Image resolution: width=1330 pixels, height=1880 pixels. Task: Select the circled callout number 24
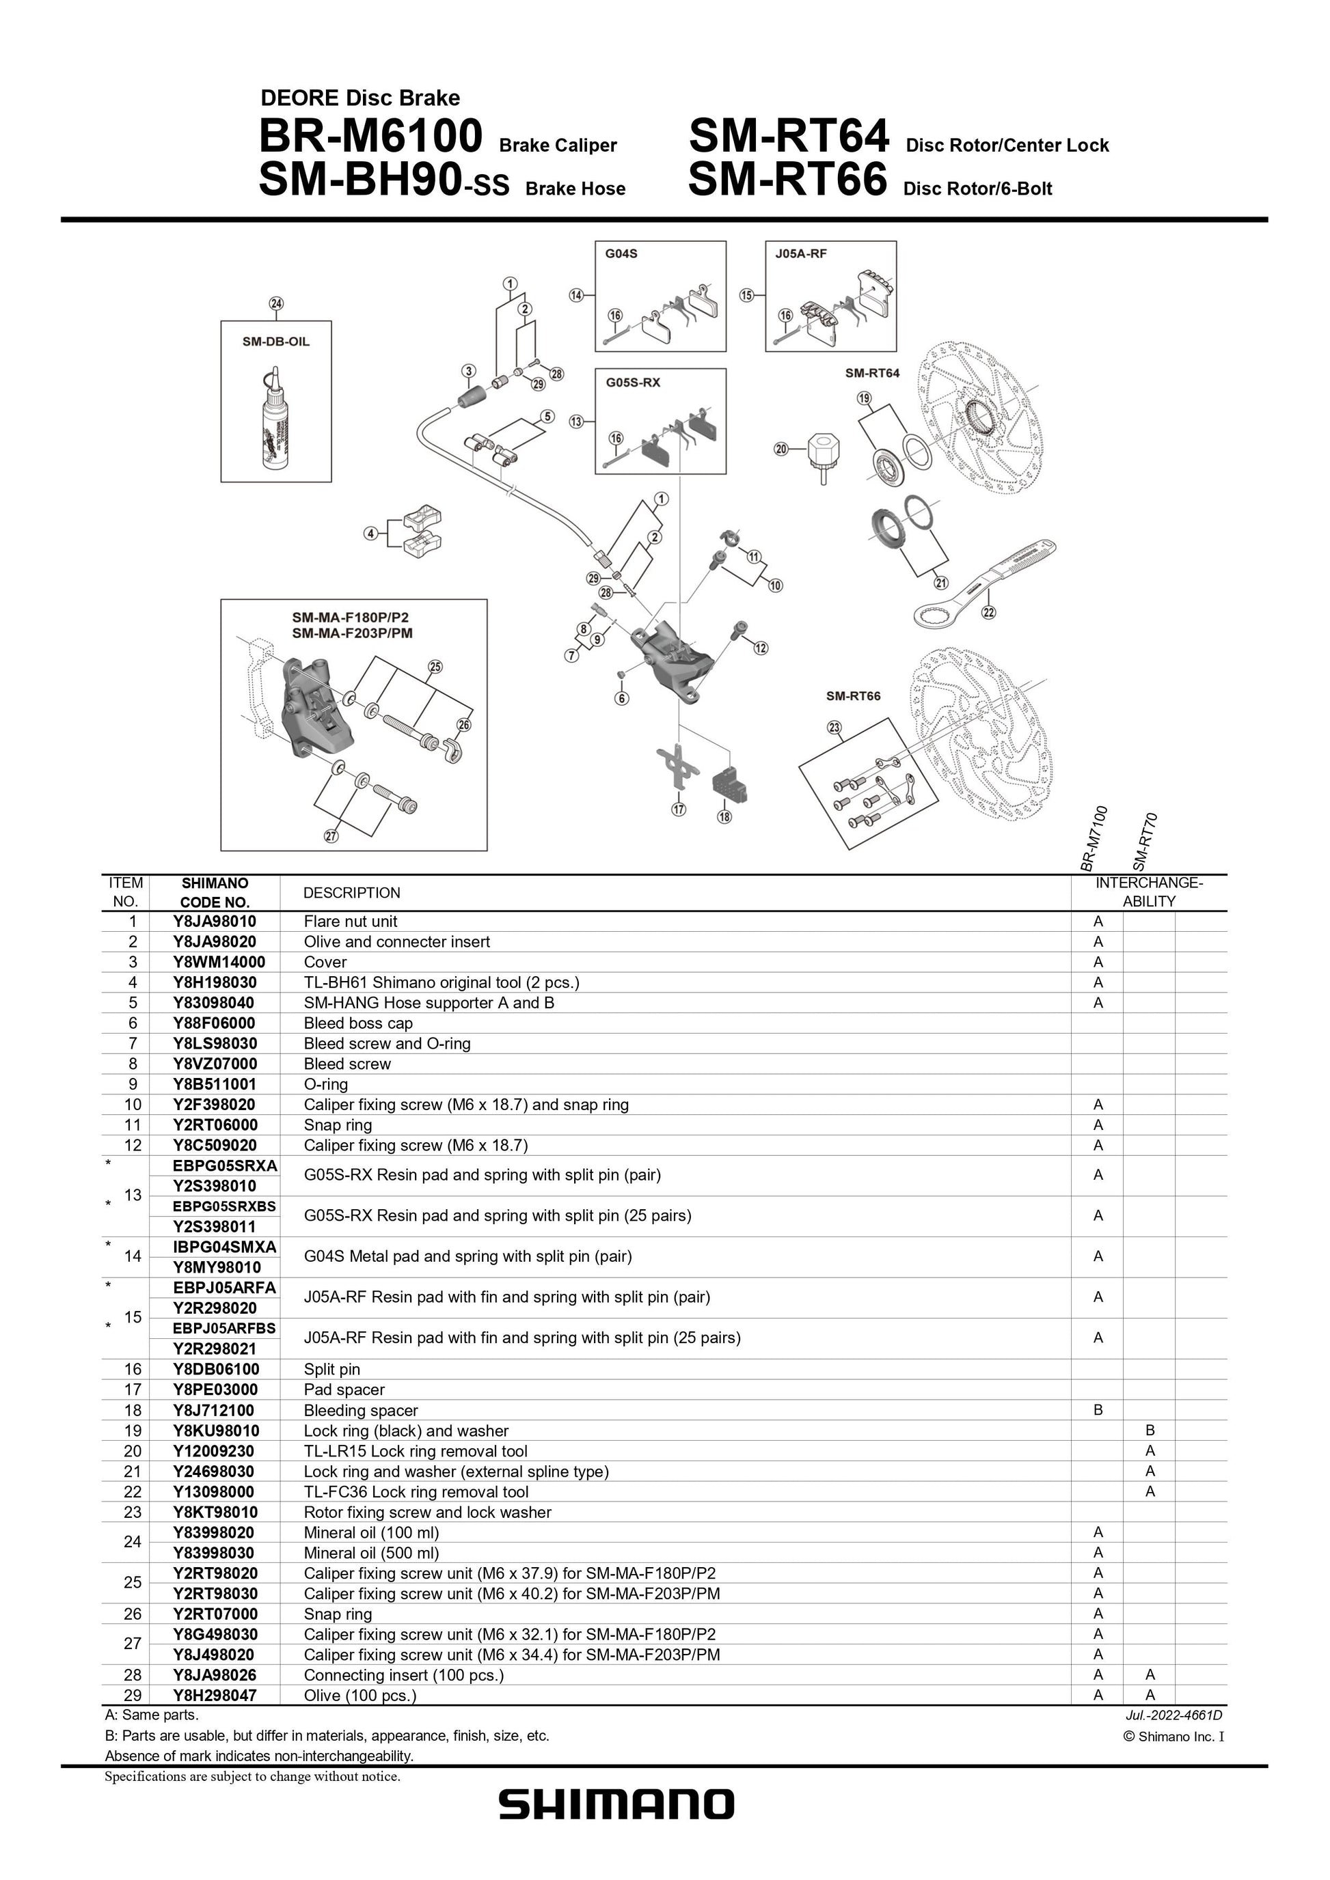pyautogui.click(x=277, y=304)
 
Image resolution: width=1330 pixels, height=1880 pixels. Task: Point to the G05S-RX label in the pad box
pyautogui.click(x=633, y=382)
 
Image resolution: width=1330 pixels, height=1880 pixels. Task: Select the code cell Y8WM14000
pyautogui.click(x=215, y=962)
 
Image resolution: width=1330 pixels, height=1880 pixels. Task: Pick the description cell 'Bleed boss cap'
pyautogui.click(x=358, y=1023)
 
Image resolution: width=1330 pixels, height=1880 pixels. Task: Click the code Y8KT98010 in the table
pyautogui.click(x=215, y=1512)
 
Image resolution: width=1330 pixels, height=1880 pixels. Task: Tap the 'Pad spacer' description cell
pyautogui.click(x=344, y=1390)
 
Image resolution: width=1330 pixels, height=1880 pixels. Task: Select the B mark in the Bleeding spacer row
pyautogui.click(x=1098, y=1410)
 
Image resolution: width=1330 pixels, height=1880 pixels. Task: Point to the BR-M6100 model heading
pyautogui.click(x=370, y=137)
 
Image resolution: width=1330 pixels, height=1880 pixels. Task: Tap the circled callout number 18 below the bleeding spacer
pyautogui.click(x=724, y=816)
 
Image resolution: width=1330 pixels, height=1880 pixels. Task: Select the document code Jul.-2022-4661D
pyautogui.click(x=1174, y=1715)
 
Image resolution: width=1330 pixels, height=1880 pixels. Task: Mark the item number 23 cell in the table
pyautogui.click(x=133, y=1512)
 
